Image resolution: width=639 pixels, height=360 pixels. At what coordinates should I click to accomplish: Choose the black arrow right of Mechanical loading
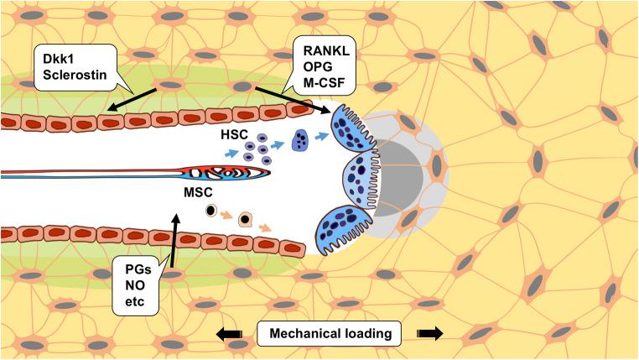(x=429, y=333)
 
